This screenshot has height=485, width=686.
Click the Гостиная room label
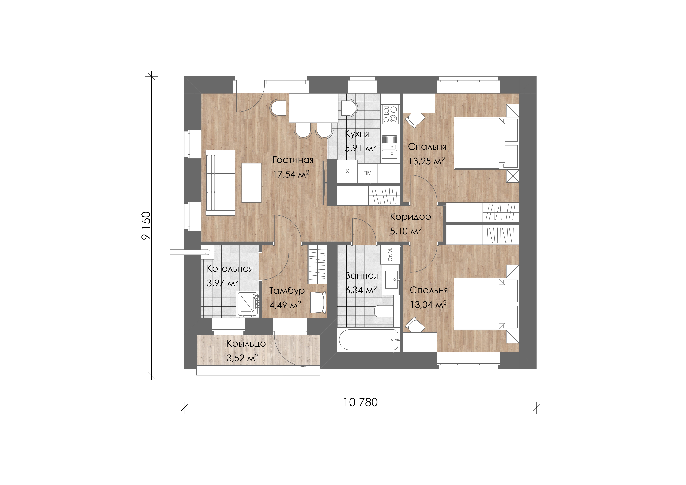293,160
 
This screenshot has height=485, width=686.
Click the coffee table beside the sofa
252,182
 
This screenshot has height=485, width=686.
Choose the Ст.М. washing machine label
390,255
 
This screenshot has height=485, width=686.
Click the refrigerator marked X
347,171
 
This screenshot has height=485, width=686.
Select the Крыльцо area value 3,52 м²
242,358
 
